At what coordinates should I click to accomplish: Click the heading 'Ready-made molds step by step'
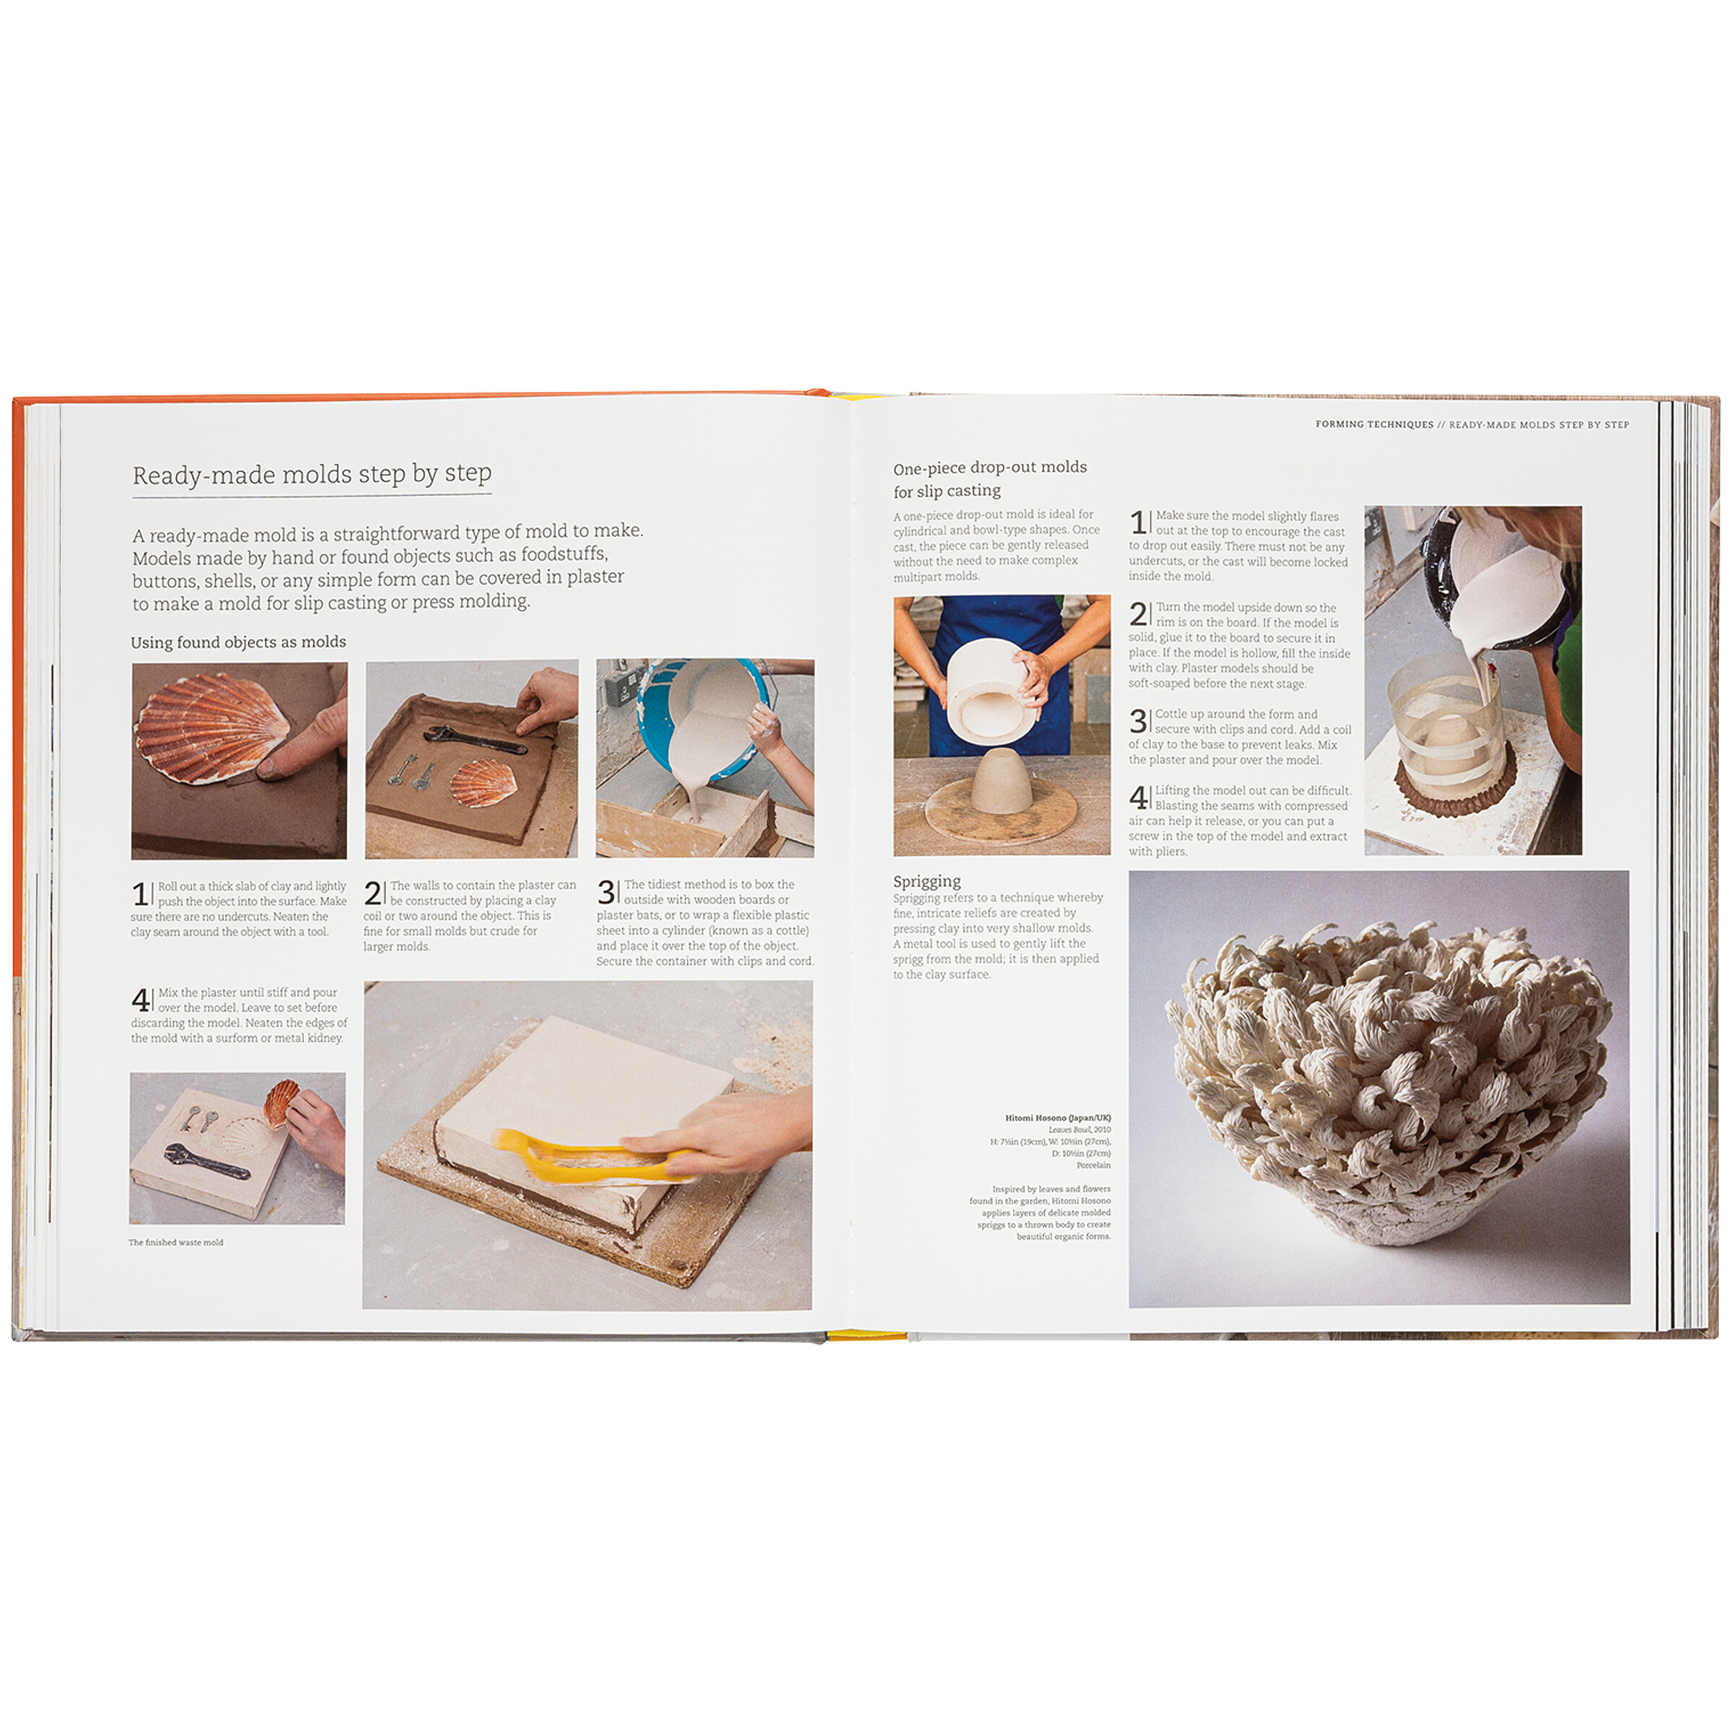click(312, 473)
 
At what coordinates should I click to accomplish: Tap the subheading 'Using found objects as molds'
click(238, 642)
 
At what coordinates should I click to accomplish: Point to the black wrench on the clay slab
click(475, 740)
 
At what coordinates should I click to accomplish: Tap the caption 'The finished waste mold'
click(175, 1243)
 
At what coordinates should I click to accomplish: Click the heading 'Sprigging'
click(926, 881)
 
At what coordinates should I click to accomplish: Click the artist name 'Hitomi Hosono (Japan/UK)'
click(1057, 1118)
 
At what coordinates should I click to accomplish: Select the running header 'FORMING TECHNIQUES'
click(1374, 424)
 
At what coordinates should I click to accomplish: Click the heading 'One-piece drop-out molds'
click(989, 467)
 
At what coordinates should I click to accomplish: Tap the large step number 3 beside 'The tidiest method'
click(606, 892)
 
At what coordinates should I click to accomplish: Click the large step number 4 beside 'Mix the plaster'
click(140, 1000)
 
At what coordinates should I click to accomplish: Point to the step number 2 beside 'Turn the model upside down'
click(1137, 614)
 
